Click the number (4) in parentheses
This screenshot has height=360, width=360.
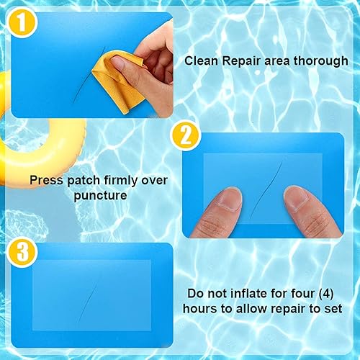[326, 293]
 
